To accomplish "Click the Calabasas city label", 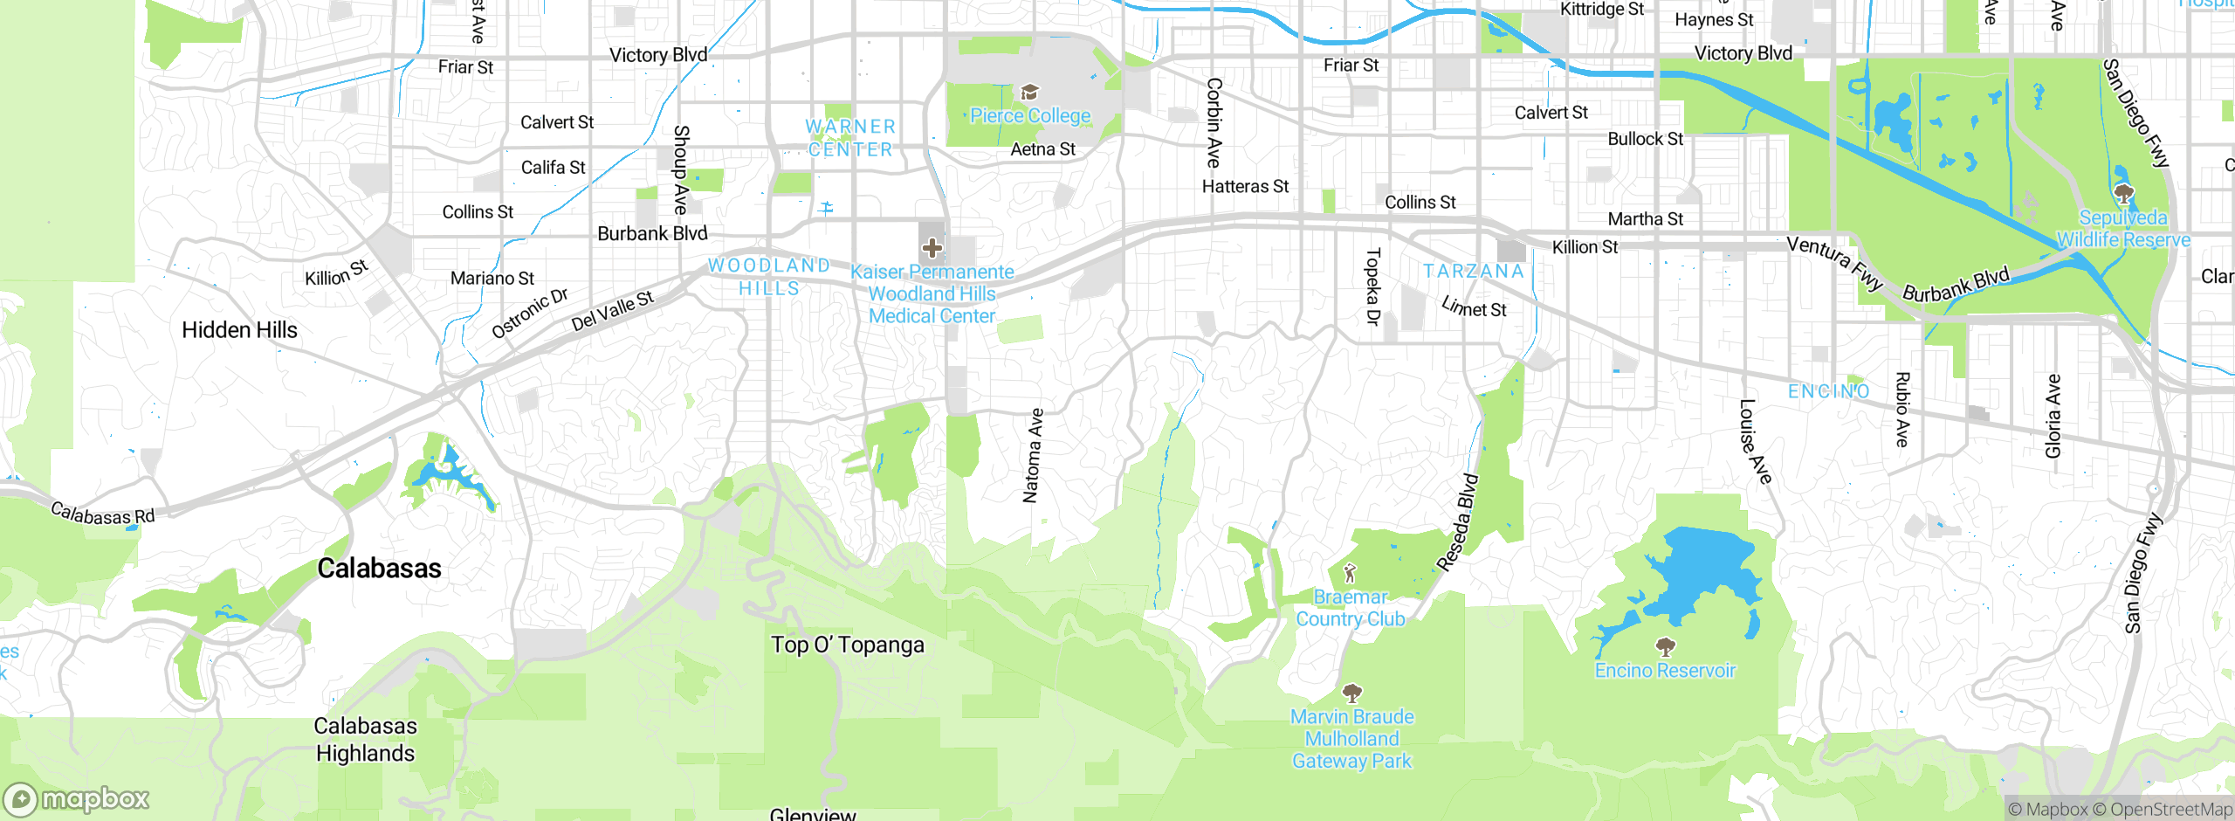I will coord(379,569).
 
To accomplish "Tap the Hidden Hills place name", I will coord(239,330).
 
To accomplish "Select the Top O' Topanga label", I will coord(847,645).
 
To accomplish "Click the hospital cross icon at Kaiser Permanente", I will coord(932,248).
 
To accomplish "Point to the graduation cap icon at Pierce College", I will coord(1029,93).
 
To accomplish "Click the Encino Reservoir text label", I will coord(1665,671).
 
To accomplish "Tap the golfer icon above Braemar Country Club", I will coord(1351,573).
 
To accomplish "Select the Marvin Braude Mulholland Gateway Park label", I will coord(1351,739).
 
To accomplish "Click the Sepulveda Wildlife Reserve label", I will coord(2122,229).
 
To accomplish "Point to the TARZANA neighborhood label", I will coord(1474,272).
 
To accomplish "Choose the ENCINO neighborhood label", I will coord(1828,391).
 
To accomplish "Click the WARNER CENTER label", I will coord(850,138).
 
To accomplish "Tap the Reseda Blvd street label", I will coord(1458,522).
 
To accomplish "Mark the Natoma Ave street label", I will coord(1033,455).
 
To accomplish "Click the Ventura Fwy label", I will coord(1834,262).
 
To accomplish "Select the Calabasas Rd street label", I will coord(102,514).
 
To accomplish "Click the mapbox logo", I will coord(77,799).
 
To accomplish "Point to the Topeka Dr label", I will coord(1372,286).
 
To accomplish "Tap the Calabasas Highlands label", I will coord(365,740).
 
